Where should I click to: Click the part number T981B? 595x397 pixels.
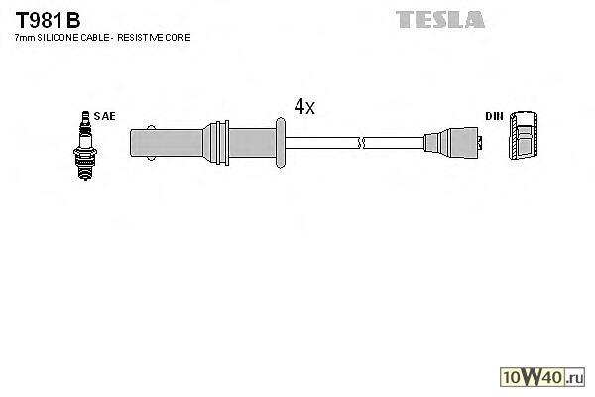(49, 19)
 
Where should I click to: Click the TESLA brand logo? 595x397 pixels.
(440, 19)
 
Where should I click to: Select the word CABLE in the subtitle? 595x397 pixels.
(101, 37)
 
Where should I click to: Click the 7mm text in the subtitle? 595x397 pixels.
(23, 37)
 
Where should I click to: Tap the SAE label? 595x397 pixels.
(105, 116)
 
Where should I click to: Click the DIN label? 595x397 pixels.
(493, 116)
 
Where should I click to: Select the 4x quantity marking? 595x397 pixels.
(303, 107)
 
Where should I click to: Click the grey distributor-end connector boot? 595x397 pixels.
(451, 142)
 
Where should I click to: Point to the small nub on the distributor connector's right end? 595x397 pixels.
(484, 142)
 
